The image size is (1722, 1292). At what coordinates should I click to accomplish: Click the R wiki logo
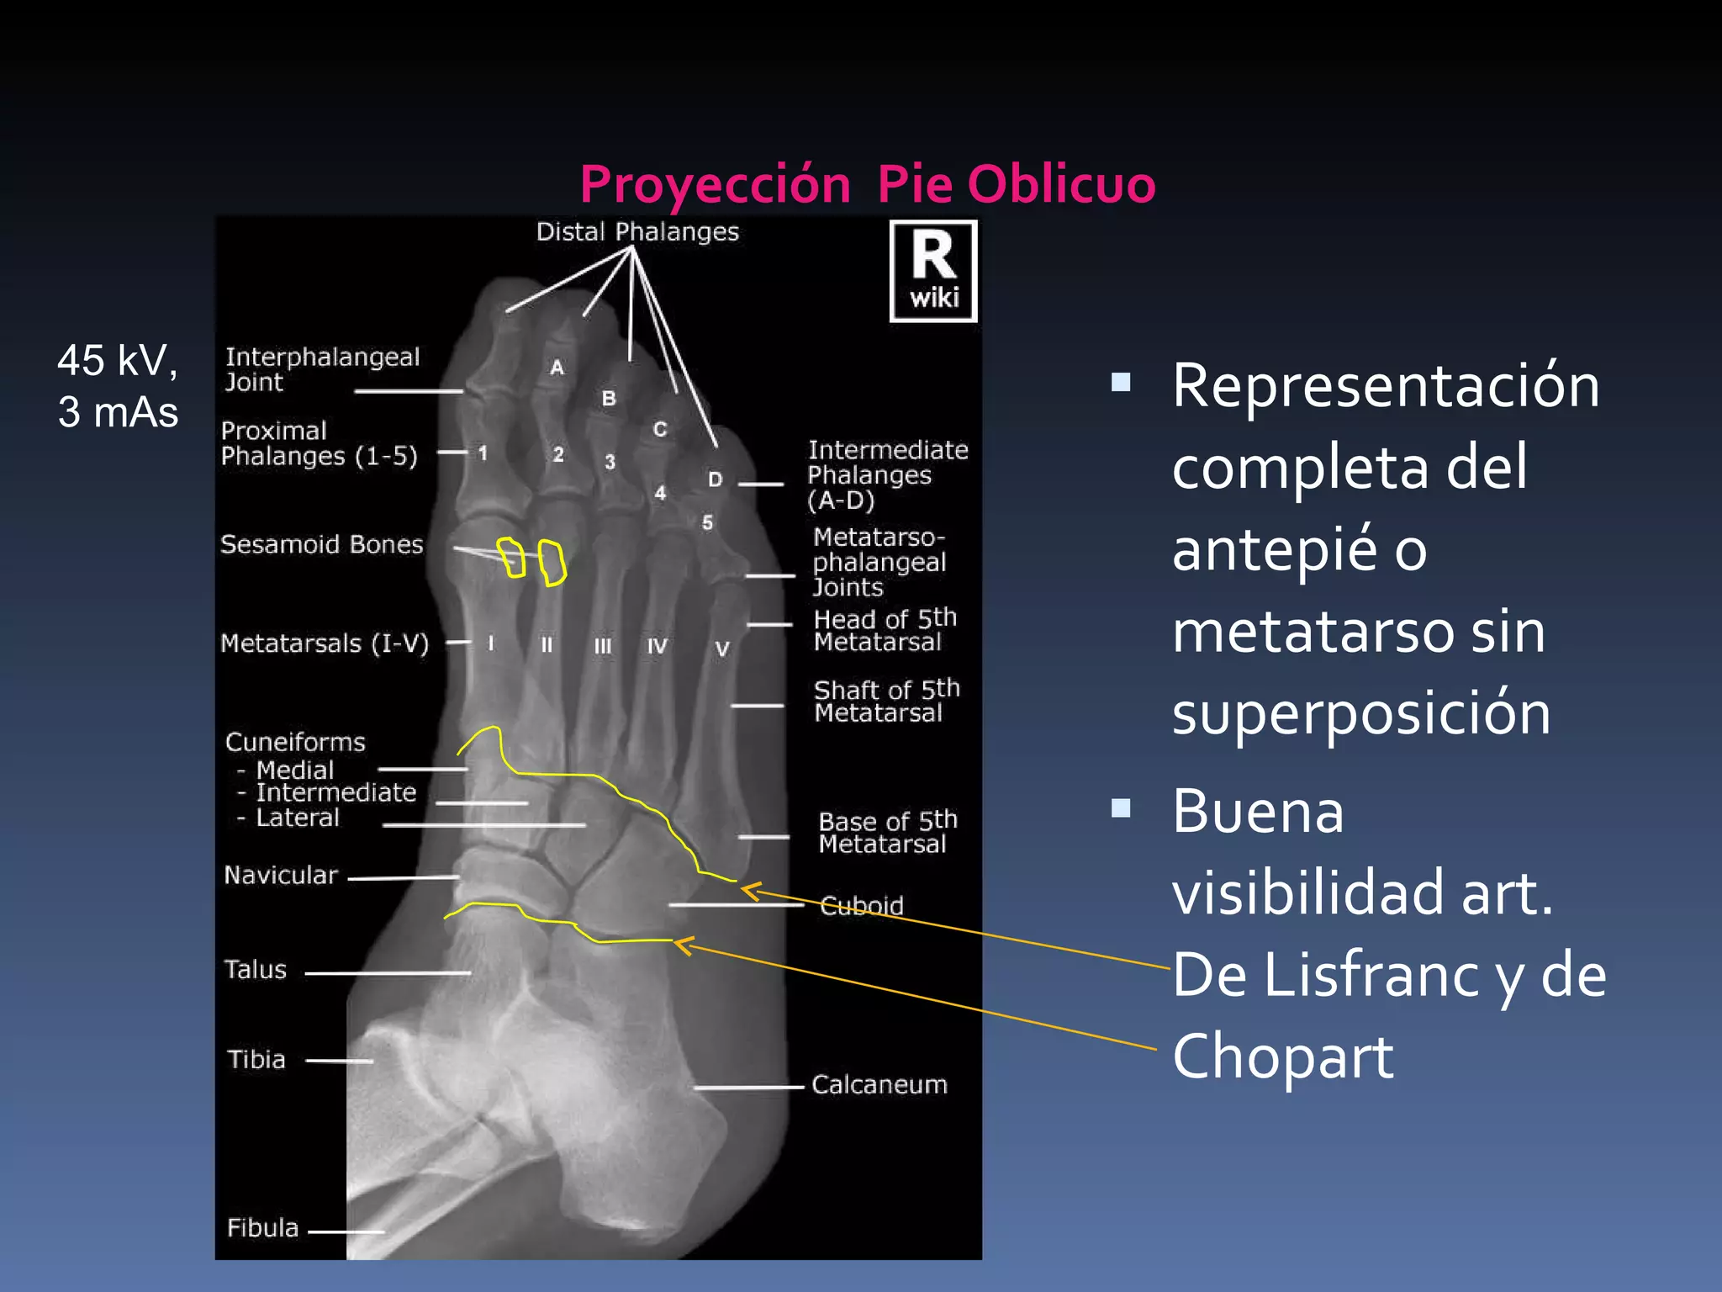(933, 271)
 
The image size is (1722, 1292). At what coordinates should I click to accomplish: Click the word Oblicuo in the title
(1061, 183)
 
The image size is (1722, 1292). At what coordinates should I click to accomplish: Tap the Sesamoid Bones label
(321, 544)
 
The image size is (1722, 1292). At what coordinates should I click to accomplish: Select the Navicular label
(281, 875)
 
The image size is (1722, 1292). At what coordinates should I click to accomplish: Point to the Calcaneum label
(879, 1084)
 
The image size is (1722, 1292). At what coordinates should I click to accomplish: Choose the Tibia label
(256, 1059)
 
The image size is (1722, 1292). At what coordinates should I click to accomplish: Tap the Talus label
(255, 969)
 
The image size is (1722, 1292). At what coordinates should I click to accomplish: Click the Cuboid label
(861, 905)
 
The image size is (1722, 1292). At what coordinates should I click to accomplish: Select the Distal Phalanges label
(637, 231)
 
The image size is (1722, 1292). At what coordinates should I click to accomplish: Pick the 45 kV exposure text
(117, 361)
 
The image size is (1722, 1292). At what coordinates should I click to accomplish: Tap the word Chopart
(1282, 1056)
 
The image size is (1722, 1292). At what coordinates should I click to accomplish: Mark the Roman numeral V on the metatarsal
(721, 649)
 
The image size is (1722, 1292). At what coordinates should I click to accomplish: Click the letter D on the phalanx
(715, 479)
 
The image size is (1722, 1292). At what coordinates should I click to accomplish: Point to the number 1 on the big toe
(483, 453)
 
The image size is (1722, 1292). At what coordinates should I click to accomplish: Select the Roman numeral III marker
(603, 646)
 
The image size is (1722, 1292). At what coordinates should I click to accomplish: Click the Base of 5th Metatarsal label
(887, 832)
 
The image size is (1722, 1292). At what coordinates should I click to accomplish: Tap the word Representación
(1385, 386)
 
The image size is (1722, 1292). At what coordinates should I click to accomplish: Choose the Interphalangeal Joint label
(322, 369)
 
